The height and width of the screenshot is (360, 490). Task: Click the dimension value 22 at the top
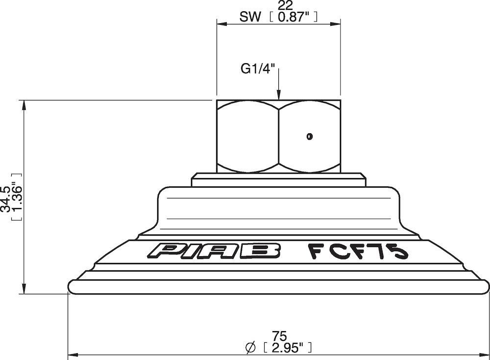[x=278, y=6]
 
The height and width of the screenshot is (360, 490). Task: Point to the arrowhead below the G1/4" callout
[x=278, y=95]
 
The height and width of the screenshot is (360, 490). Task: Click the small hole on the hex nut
[x=309, y=136]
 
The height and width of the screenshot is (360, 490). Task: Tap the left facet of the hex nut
[x=247, y=136]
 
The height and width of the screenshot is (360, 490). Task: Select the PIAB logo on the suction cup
[x=215, y=251]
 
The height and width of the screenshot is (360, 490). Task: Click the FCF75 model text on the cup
[x=358, y=250]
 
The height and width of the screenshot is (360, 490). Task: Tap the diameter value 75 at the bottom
[x=278, y=336]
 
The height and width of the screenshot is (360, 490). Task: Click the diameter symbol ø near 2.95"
[x=250, y=347]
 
